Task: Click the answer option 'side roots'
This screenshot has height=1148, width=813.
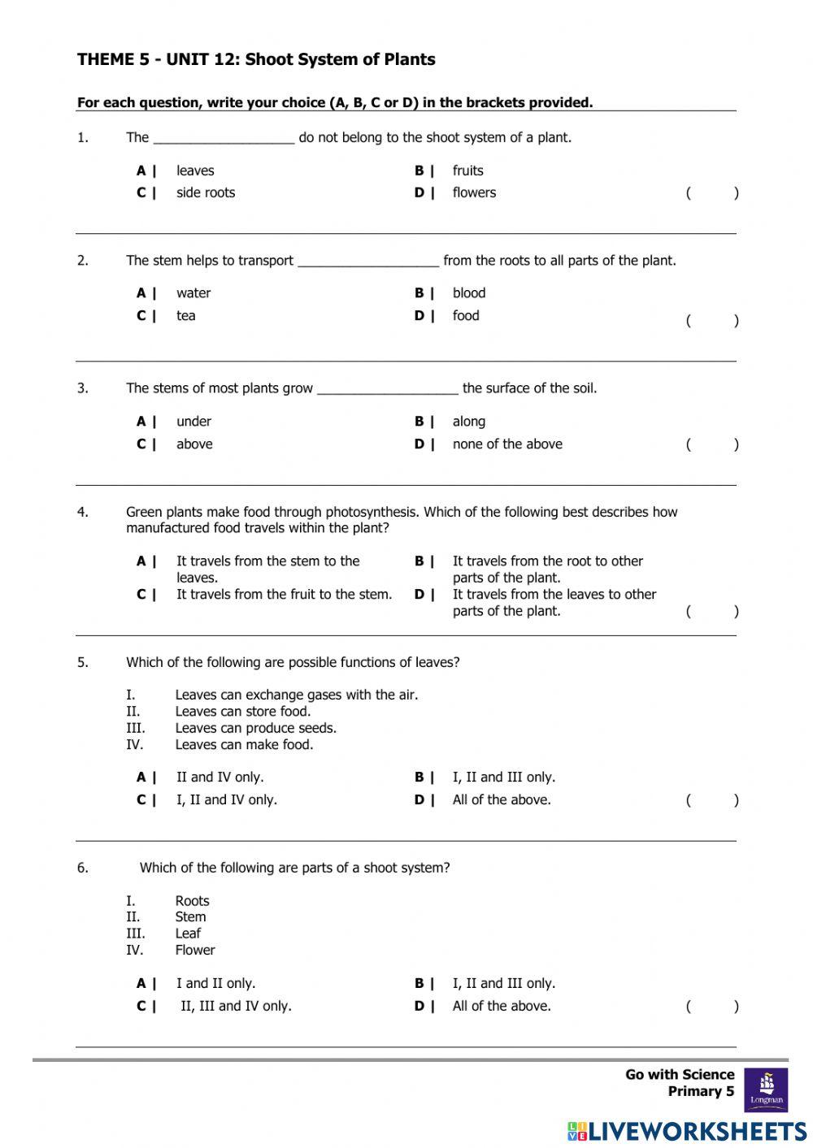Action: pyautogui.click(x=205, y=193)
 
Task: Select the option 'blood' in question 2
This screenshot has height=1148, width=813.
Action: pyautogui.click(x=468, y=293)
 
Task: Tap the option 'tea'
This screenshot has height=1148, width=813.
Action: pyautogui.click(x=185, y=316)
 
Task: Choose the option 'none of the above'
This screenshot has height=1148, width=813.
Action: pyautogui.click(x=506, y=444)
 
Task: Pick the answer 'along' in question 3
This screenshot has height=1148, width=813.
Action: pyautogui.click(x=468, y=422)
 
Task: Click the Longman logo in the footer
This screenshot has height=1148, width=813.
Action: pyautogui.click(x=766, y=1090)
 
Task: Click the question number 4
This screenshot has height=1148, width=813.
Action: pyautogui.click(x=83, y=513)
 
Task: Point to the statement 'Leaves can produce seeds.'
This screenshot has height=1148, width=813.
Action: pyautogui.click(x=255, y=728)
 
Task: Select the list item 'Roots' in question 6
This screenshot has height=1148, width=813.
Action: pyautogui.click(x=192, y=901)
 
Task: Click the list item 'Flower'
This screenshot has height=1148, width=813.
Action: pyautogui.click(x=195, y=951)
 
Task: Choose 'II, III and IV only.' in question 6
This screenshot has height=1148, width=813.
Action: pyautogui.click(x=236, y=1007)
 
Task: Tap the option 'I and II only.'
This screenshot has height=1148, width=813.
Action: pyautogui.click(x=215, y=984)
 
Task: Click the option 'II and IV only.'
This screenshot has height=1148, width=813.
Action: pyautogui.click(x=220, y=778)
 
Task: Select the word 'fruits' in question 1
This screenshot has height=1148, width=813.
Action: pyautogui.click(x=467, y=171)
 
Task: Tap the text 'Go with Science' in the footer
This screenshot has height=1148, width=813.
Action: pyautogui.click(x=679, y=1075)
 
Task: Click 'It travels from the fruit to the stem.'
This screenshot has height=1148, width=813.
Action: pyautogui.click(x=284, y=595)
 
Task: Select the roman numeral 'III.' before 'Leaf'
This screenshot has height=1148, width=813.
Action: pyautogui.click(x=135, y=934)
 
